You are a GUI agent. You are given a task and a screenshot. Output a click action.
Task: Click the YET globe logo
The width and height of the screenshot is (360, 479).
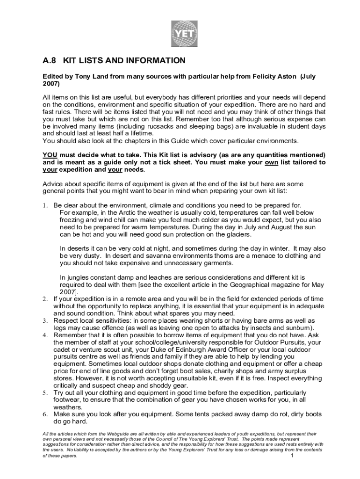click(x=185, y=34)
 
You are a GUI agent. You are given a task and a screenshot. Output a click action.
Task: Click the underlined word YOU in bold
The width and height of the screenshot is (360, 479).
click(x=50, y=155)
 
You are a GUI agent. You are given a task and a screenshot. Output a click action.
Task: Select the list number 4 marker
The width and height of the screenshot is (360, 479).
click(x=46, y=335)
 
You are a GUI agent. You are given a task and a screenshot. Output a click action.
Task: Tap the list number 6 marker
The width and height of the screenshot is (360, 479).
click(x=46, y=414)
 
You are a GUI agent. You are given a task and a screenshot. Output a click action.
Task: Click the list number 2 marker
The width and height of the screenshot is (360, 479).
click(x=46, y=299)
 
